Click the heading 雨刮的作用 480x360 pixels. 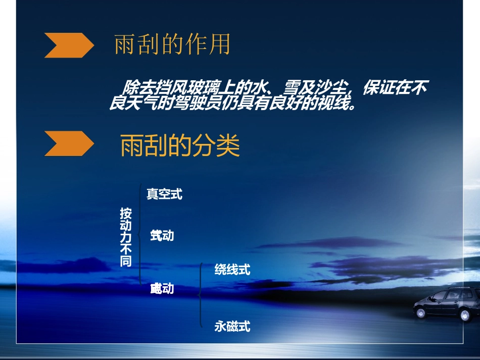tap(172, 45)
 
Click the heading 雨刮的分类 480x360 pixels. tap(180, 146)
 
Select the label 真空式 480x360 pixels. tap(164, 194)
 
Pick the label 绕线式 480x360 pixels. tap(232, 270)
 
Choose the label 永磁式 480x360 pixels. tap(232, 327)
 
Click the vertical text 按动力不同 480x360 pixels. tap(125, 237)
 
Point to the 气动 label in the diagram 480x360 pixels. tap(162, 235)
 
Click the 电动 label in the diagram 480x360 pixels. tap(162, 289)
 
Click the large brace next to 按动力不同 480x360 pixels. tap(140, 235)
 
